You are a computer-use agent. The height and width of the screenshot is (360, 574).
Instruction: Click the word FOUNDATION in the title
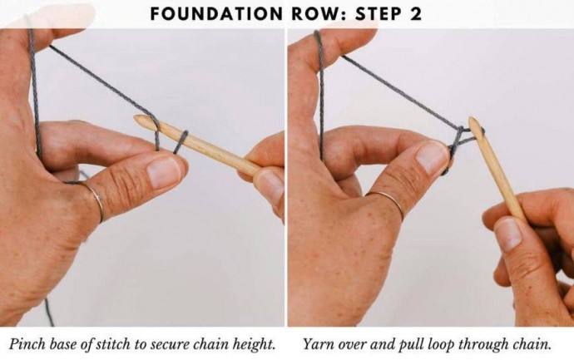point(216,14)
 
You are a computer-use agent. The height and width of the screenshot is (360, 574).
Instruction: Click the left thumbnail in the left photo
point(164,172)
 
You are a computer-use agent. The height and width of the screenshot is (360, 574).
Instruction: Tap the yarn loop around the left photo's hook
point(181,142)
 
